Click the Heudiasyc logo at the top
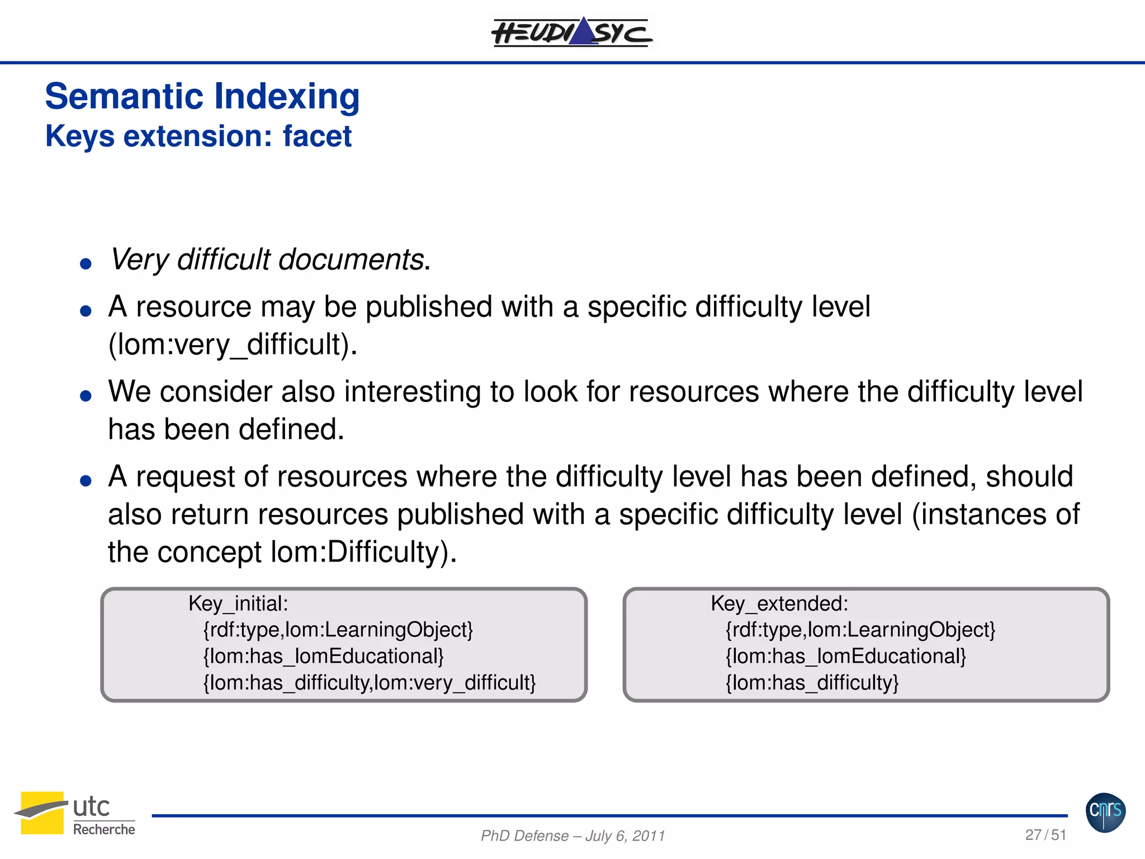(571, 32)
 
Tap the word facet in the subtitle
(317, 136)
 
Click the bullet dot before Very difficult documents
(86, 263)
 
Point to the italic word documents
(351, 260)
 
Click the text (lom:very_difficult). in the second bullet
(233, 344)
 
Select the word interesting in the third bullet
(413, 391)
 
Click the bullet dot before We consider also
(86, 396)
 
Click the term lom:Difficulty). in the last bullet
(364, 553)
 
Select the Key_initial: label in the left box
(238, 604)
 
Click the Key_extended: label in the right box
(779, 604)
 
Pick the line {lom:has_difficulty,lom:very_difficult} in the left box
(370, 683)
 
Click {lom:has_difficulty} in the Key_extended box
(812, 683)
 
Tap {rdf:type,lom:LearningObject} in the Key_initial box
(338, 630)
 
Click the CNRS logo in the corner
(1105, 812)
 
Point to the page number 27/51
(1045, 835)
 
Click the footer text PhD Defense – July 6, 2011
(572, 836)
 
